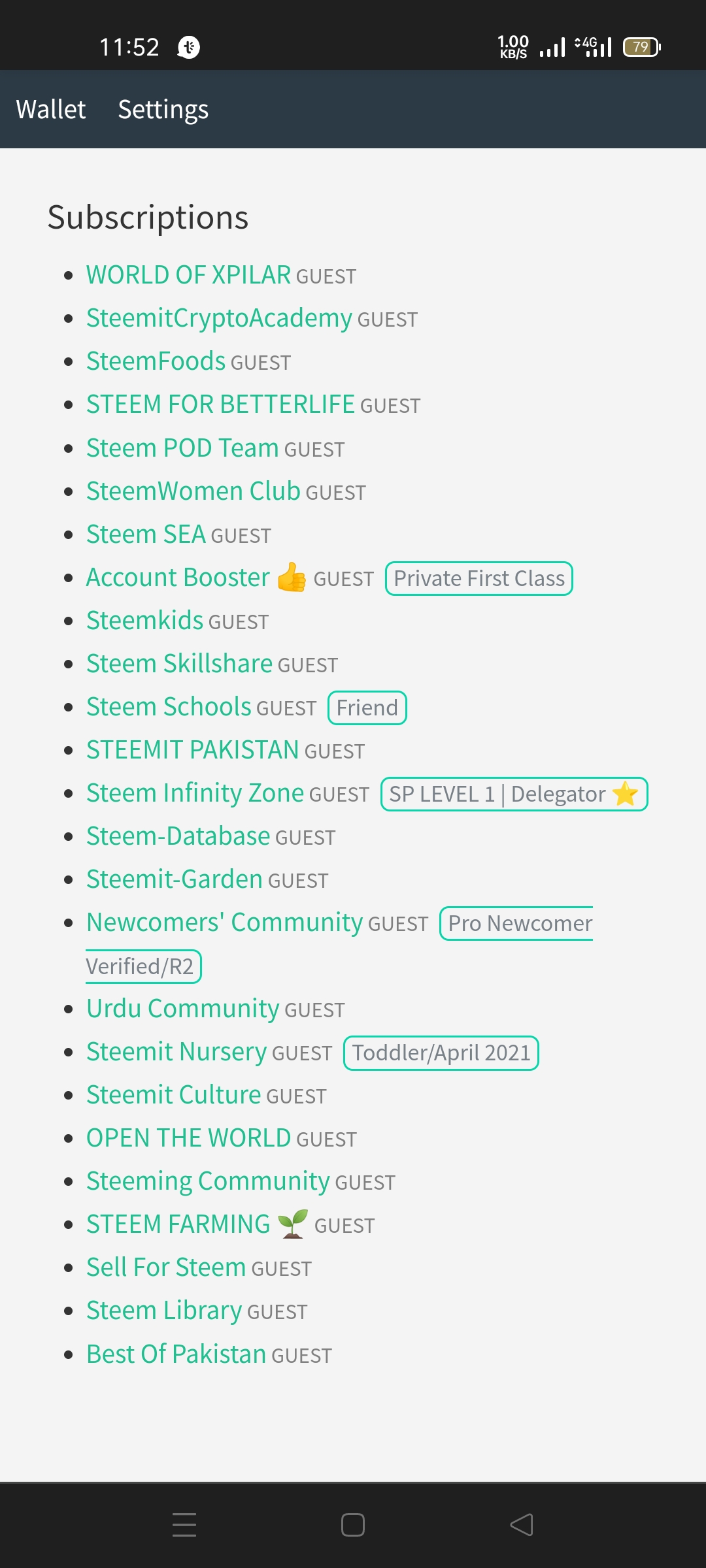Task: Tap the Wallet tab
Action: tap(51, 109)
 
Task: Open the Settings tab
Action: tap(163, 110)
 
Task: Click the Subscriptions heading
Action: tap(148, 218)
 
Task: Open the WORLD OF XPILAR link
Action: tap(188, 275)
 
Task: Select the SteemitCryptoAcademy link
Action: tap(219, 318)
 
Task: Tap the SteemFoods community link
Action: tap(156, 361)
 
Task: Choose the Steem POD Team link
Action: tap(182, 448)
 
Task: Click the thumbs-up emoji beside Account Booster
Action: tap(292, 578)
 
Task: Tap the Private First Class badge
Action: tap(479, 579)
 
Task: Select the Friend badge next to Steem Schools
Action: tap(367, 708)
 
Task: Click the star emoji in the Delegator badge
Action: tap(626, 794)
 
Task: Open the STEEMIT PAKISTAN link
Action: tap(193, 750)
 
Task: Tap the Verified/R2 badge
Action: tap(143, 967)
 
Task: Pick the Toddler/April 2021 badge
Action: tap(441, 1053)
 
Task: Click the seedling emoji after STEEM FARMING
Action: tap(292, 1224)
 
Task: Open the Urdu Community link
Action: tap(183, 1009)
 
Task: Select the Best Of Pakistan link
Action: tap(176, 1354)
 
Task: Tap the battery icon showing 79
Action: tap(642, 47)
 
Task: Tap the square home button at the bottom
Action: tap(353, 1525)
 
